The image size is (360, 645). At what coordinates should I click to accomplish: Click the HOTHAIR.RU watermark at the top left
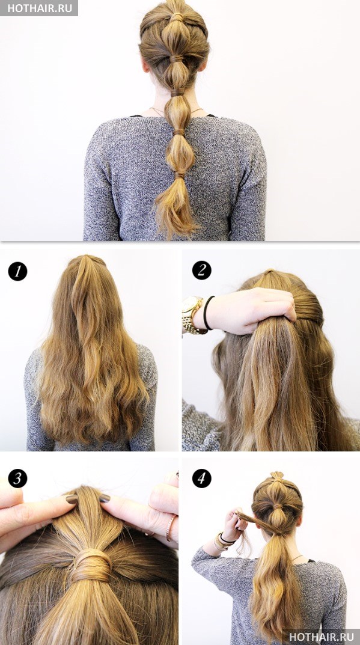point(40,8)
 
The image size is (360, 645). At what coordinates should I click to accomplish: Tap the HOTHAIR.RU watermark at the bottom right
point(322,637)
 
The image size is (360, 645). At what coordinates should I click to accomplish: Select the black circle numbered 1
point(17,272)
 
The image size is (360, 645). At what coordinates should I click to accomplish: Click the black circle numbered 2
point(201,271)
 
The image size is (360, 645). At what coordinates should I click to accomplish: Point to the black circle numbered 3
point(17,478)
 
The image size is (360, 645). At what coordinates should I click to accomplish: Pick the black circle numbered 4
point(201,478)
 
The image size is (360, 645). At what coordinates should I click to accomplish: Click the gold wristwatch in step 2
point(192,314)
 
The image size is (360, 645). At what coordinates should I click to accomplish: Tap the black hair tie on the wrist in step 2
point(207,313)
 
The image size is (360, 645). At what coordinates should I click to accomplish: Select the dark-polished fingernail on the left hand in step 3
point(72,499)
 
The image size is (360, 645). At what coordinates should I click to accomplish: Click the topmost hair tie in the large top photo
point(177,17)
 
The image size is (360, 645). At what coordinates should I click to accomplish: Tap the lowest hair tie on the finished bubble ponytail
point(179,176)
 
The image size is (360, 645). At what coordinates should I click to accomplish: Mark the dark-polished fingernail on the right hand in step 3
point(105,498)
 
